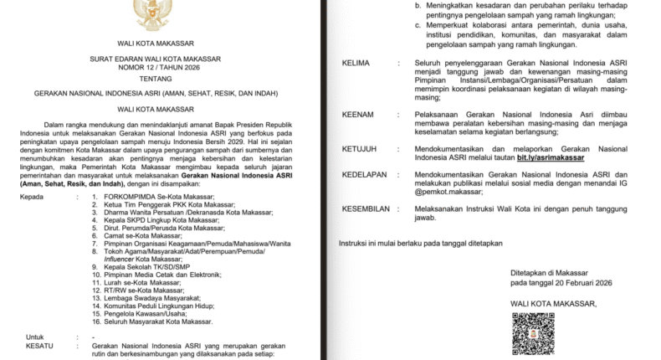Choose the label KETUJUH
[x=361, y=149]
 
